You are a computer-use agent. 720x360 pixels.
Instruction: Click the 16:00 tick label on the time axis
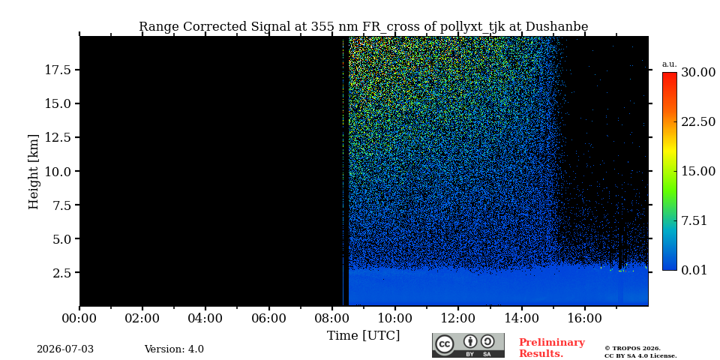pos(584,318)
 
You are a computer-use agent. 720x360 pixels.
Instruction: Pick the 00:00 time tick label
pos(79,318)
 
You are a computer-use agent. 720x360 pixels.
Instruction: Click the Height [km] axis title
pos(34,172)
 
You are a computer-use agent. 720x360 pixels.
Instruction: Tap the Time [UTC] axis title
pos(363,336)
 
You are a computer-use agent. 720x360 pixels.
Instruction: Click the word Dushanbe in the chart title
pos(556,27)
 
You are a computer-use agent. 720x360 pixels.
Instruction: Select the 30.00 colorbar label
pos(698,73)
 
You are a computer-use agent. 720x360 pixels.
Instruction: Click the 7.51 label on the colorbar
pos(694,220)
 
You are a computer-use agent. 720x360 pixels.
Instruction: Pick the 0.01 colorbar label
pos(694,271)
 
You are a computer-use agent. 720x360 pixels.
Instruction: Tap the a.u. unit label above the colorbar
pos(670,64)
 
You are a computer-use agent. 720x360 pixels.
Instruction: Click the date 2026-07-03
pos(65,349)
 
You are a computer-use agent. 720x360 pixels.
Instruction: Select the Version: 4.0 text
pos(174,349)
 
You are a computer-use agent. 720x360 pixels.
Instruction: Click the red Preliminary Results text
pos(552,348)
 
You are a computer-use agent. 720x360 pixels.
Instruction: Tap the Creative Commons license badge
pos(468,345)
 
